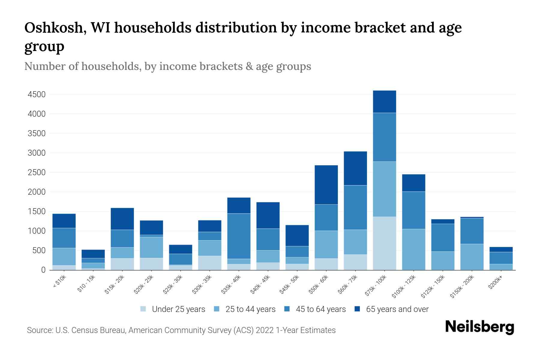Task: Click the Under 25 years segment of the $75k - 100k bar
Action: click(384, 243)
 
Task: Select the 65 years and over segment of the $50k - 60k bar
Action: click(326, 185)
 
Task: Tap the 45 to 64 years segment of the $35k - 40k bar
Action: click(239, 236)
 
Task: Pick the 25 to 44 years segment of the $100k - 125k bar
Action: click(413, 249)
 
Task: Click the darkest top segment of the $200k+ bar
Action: click(501, 250)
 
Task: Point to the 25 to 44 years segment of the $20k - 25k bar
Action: click(151, 247)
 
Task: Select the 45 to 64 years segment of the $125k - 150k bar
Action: click(442, 238)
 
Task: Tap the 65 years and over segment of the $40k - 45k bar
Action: click(268, 215)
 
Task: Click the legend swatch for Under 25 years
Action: click(143, 309)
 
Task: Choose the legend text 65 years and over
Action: click(397, 309)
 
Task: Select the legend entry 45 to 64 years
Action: click(321, 309)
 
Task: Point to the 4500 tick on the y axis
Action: click(37, 94)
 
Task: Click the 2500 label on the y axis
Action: click(37, 172)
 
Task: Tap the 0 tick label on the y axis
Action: click(43, 270)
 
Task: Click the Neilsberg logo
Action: click(479, 327)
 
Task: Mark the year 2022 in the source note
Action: click(265, 330)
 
